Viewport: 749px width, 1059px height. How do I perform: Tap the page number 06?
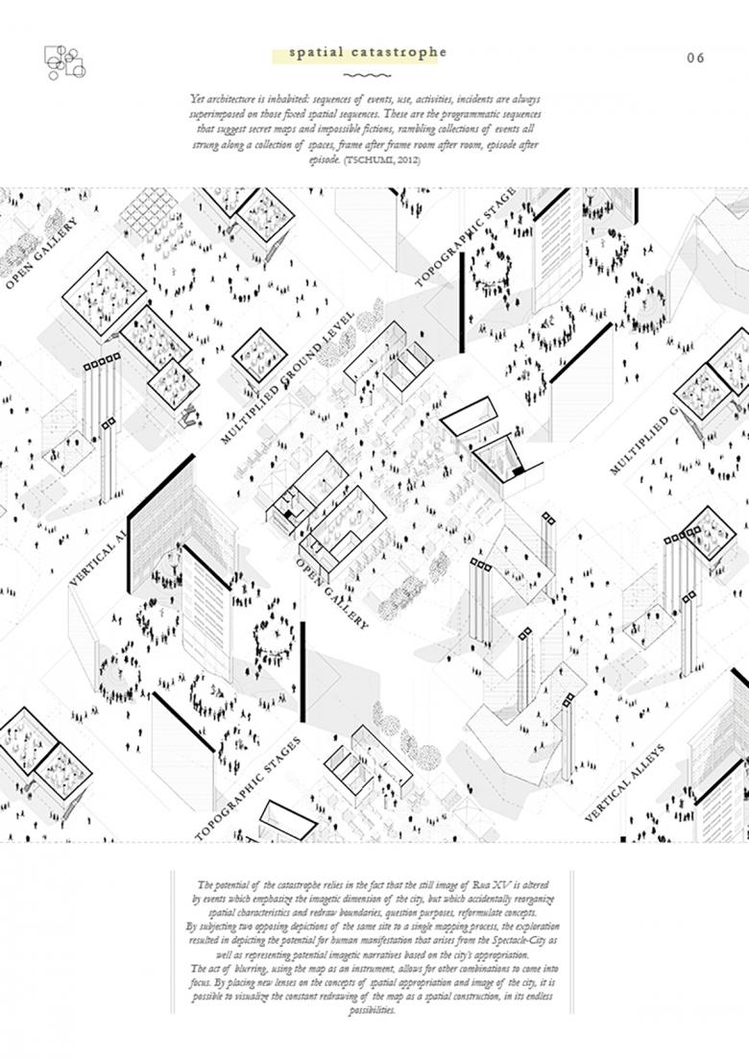tap(696, 58)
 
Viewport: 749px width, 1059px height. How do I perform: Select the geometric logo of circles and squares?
tap(64, 61)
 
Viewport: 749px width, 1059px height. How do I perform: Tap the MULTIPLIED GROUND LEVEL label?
tap(287, 378)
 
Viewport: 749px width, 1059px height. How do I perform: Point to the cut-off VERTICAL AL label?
tap(98, 550)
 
